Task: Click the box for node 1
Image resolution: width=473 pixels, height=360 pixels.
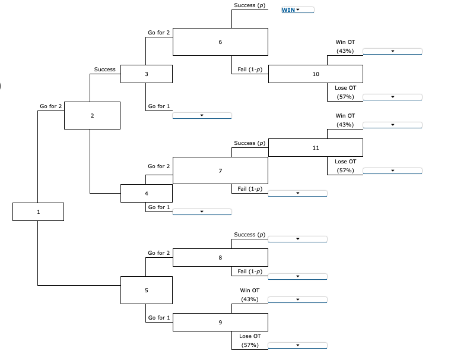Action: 38,211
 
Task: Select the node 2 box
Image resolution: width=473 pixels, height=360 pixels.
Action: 92,115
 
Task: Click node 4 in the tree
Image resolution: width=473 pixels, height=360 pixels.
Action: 147,194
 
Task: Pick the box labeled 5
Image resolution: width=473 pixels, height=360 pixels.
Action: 147,290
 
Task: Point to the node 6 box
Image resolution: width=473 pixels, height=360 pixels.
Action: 220,42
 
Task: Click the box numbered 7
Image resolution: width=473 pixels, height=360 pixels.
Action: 220,170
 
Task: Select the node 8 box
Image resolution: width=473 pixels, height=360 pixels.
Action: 220,258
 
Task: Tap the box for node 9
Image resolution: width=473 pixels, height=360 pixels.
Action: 220,322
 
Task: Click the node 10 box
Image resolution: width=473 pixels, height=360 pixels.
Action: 315,74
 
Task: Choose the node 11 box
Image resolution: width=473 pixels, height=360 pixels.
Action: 315,147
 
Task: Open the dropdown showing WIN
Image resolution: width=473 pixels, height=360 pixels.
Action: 297,10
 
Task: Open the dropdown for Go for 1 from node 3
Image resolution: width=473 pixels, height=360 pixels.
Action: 202,115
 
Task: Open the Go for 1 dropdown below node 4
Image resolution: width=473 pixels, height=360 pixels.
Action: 202,211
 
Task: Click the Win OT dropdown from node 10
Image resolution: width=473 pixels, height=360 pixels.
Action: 392,52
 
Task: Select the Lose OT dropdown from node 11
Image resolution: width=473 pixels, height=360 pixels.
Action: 392,171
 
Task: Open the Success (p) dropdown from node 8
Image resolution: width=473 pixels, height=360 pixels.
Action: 297,239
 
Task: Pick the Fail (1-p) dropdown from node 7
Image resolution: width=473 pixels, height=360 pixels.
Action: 297,194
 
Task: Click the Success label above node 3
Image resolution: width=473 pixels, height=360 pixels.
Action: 104,70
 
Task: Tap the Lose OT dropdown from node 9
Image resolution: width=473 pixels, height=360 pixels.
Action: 297,345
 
